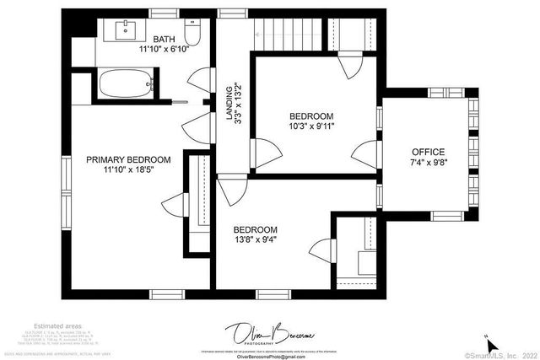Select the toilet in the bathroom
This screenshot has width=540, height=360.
192,34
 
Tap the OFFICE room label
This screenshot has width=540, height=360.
427,152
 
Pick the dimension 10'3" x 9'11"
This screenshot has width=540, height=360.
311,127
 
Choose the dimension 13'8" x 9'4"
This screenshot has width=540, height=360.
255,239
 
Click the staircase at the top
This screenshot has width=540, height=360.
289,34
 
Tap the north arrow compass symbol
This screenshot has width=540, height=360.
494,343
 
